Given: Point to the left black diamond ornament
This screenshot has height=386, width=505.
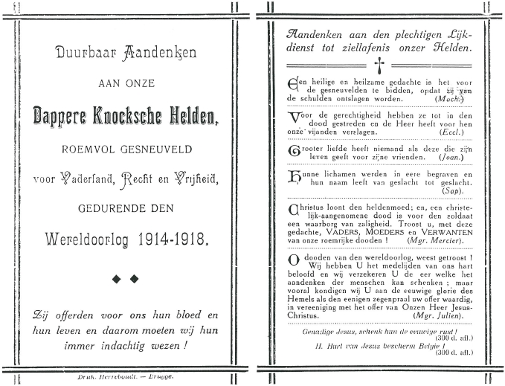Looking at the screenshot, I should (x=116, y=279).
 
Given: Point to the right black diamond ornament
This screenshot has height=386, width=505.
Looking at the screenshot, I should (x=135, y=279).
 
